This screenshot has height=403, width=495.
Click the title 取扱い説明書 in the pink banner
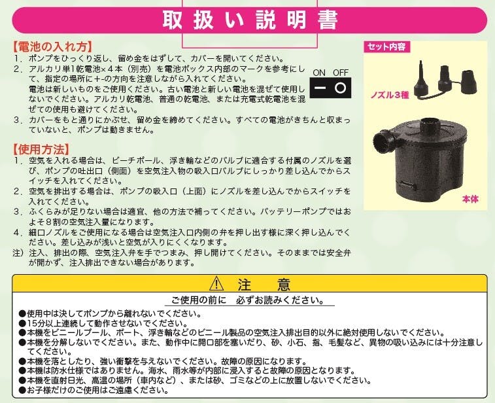click(250, 20)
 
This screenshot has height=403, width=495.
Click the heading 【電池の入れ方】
click(53, 46)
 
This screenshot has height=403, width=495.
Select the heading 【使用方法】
click(41, 149)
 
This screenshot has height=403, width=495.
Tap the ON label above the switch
click(319, 73)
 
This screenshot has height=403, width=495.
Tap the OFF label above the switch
click(341, 73)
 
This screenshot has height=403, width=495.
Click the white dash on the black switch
click(320, 88)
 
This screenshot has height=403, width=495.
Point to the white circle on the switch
click(340, 88)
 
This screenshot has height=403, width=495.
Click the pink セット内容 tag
click(386, 46)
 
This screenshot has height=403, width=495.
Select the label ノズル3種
click(390, 95)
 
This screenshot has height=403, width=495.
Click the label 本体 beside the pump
click(470, 199)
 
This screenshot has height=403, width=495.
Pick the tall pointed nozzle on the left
click(422, 80)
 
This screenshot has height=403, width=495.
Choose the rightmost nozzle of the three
click(469, 82)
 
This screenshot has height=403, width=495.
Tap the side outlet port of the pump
click(383, 141)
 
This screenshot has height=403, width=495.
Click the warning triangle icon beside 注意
click(216, 284)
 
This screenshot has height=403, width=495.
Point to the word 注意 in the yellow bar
click(264, 284)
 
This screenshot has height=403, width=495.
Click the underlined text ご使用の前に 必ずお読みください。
click(248, 300)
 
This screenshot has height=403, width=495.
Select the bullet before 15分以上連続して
click(22, 323)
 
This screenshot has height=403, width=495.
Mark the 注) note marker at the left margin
click(18, 253)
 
